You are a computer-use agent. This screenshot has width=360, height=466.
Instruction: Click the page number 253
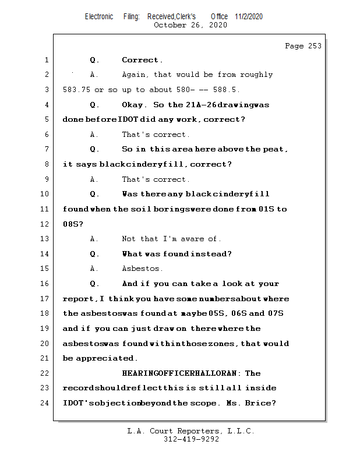[x=313, y=46]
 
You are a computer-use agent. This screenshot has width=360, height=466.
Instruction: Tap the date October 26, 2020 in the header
[x=190, y=25]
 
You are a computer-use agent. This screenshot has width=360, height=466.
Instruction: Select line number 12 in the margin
[x=46, y=224]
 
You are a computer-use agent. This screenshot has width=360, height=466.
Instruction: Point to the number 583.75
[x=76, y=90]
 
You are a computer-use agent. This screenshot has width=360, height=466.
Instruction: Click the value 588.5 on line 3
[x=226, y=90]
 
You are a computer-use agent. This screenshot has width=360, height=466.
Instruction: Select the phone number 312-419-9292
[x=190, y=439]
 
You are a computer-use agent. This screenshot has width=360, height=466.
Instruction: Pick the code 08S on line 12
[x=70, y=224]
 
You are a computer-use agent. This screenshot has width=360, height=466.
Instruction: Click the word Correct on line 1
[x=142, y=60]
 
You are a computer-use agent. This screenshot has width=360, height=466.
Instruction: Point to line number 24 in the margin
[x=46, y=403]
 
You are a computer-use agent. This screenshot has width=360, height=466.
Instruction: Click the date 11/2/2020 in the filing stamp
[x=249, y=16]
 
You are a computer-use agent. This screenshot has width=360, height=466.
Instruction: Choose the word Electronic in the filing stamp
[x=99, y=16]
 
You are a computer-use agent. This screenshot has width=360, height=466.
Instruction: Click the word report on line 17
[x=78, y=299]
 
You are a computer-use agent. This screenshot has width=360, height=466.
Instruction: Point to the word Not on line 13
[x=129, y=239]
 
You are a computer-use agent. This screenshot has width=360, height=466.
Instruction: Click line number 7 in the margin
[x=46, y=149]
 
